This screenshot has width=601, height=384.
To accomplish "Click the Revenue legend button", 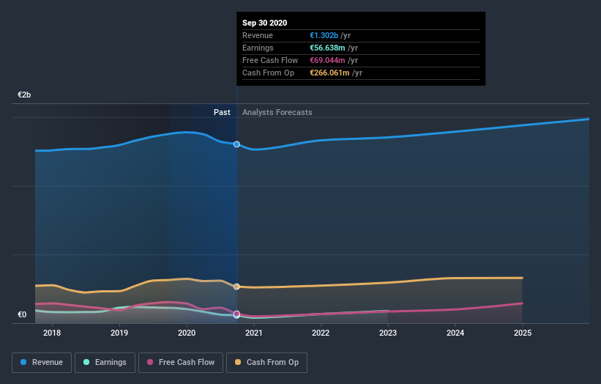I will (x=42, y=362).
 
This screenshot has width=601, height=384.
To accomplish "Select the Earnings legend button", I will (x=105, y=362).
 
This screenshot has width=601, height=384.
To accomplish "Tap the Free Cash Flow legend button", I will (x=181, y=362).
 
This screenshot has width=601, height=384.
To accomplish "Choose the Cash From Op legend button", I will (x=267, y=362).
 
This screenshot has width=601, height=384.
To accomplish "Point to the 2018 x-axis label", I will (x=52, y=333).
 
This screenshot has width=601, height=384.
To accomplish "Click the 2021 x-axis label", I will (x=254, y=333).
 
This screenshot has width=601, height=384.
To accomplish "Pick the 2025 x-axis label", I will (x=523, y=333).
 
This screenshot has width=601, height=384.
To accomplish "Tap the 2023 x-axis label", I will (x=388, y=333).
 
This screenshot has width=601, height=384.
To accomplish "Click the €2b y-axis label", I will (x=25, y=95).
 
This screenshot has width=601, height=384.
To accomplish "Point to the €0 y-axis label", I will (x=22, y=315).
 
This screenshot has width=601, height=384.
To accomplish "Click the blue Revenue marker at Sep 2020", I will (x=236, y=144).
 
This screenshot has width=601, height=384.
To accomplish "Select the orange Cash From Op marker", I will (x=236, y=287).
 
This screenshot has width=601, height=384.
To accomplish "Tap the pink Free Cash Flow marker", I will (x=236, y=314).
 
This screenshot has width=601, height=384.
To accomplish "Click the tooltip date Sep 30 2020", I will (x=265, y=23).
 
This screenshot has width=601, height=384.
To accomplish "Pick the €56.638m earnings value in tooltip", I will (x=327, y=48).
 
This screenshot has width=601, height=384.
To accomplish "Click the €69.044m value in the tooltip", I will (x=327, y=60).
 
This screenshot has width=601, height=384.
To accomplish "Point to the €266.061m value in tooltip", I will (x=329, y=73).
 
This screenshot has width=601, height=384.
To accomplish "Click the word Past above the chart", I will (x=222, y=112).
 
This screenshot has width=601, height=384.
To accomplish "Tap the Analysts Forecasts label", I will (x=277, y=112).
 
